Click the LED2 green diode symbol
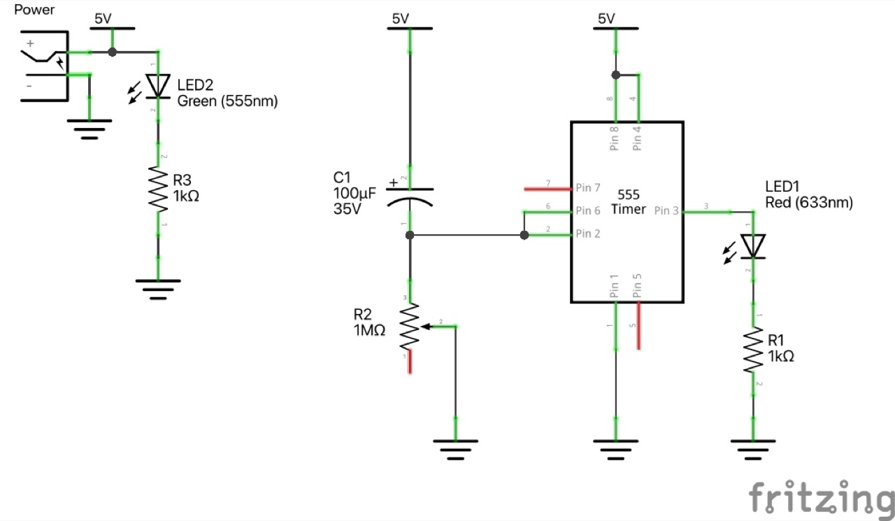[159, 86]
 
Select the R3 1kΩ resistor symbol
[159, 189]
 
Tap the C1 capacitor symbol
[410, 195]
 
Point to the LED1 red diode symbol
[753, 246]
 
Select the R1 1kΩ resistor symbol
[753, 351]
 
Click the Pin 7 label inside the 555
[587, 188]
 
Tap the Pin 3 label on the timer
[666, 210]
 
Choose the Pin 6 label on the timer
[587, 210]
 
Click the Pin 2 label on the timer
[587, 234]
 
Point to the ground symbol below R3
[159, 287]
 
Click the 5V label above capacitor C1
[401, 19]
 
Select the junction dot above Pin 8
[615, 75]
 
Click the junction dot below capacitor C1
[410, 236]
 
